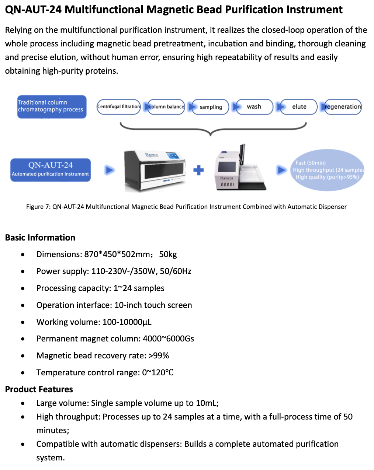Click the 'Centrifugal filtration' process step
pos(119,107)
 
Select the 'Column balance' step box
pos(166,107)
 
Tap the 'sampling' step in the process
pos(211,107)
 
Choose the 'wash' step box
pos(254,107)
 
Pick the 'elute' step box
pos(299,107)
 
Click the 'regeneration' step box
pos(343,107)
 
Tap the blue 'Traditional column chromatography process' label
pos(52,107)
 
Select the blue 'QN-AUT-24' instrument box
pos(51,170)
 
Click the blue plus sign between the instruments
pos(198,170)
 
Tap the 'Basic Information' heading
pos(40,238)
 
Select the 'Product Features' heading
pos(39,389)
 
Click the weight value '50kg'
pos(168,255)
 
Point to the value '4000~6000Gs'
pos(168,339)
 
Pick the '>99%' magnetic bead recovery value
pos(159,356)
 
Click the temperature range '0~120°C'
pos(158,373)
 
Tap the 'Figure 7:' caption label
pos(38,207)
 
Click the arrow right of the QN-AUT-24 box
pos(110,170)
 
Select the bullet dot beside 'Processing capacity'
pos(23,288)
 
